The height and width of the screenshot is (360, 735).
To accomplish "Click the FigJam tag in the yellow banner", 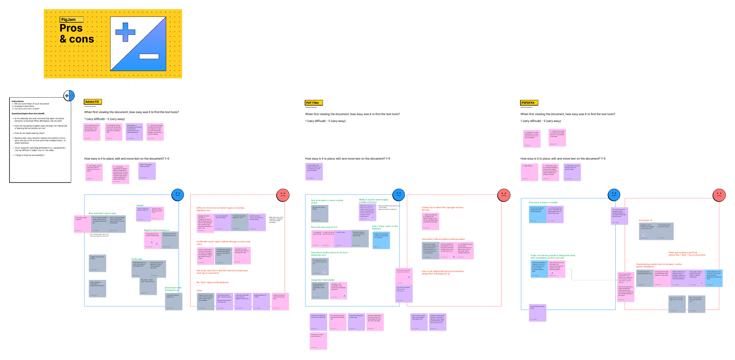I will (71, 20).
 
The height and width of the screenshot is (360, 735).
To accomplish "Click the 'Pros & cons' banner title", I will (76, 33).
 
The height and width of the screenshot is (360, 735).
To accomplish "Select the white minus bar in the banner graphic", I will (149, 56).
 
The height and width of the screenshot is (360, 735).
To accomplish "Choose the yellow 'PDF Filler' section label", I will (314, 103).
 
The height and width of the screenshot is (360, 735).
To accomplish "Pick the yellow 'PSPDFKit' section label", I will (529, 103).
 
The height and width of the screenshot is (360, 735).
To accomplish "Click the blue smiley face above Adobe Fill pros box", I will (178, 195).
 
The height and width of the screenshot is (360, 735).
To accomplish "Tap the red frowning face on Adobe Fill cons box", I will (283, 195).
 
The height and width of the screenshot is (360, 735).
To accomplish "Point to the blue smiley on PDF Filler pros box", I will (398, 195).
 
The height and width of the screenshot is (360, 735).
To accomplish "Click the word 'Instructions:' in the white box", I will (18, 101).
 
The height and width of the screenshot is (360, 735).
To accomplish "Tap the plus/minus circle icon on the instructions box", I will (69, 95).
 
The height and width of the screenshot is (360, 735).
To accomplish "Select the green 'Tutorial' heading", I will (140, 205).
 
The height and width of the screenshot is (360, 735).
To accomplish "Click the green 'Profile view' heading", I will (137, 259).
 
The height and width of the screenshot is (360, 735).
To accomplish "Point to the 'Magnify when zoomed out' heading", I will (156, 230).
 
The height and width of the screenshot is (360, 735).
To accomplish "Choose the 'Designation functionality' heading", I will (323, 280).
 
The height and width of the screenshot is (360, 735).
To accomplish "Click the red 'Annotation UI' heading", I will (645, 220).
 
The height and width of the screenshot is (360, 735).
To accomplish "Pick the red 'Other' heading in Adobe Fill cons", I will (199, 290).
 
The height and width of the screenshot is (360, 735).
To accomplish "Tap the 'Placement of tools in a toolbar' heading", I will (543, 202).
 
